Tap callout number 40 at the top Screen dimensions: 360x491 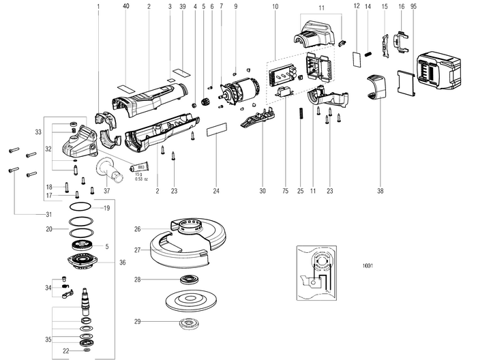coord(126,6)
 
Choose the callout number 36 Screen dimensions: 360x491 coord(123,262)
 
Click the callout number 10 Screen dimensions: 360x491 coord(275,6)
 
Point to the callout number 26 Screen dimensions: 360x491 coord(137,228)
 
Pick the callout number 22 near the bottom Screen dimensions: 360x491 coord(65,350)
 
